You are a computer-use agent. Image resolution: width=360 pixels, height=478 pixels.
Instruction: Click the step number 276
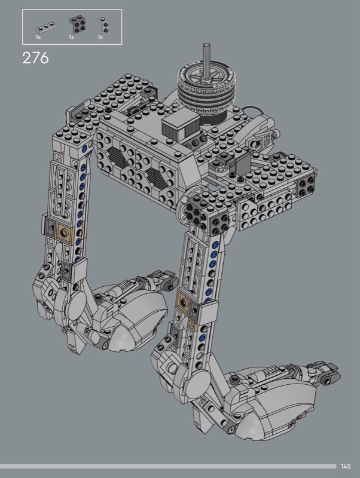tap(35, 57)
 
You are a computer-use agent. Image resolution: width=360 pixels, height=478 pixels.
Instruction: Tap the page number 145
tap(346, 466)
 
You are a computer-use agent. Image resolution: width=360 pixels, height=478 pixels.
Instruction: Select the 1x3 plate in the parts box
tap(47, 27)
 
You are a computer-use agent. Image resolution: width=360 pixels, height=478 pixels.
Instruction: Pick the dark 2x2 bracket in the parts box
tap(77, 24)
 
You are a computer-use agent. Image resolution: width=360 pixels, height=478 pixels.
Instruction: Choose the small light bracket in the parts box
tap(103, 25)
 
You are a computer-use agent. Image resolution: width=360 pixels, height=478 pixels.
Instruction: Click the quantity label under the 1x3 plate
tap(38, 37)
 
